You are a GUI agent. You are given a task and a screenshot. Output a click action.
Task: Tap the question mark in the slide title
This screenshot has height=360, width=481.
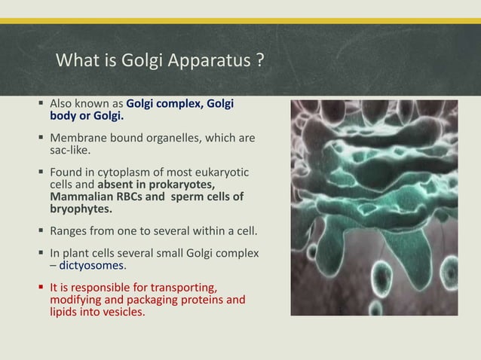coord(258,59)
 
